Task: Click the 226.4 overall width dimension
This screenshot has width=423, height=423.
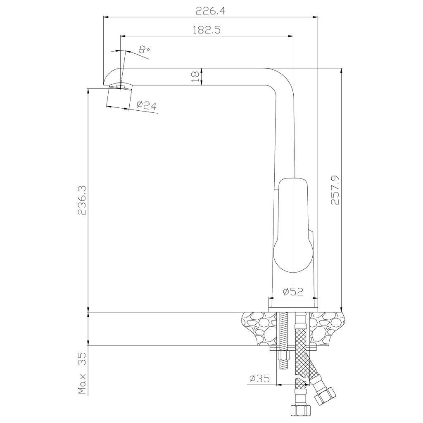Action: coord(210,11)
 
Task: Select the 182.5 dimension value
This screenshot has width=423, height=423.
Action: coord(207,30)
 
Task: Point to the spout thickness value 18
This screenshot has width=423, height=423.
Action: coord(196,77)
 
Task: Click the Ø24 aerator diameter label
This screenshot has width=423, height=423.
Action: coord(147,105)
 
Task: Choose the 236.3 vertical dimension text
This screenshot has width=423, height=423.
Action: coord(82,200)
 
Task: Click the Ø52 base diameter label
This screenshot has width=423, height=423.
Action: coord(293,291)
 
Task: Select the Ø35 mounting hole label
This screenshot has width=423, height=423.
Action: coord(259,379)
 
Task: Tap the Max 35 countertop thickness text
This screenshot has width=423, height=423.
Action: coord(82,373)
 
